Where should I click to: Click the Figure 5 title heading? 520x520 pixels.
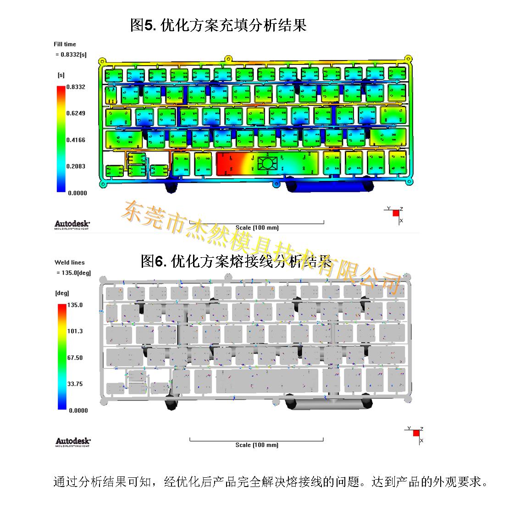(218, 25)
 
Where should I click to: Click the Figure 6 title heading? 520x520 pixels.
(236, 261)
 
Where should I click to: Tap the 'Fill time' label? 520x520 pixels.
(65, 44)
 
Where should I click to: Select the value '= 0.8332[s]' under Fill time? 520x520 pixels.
(71, 55)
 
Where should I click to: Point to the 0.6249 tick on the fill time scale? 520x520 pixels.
(76, 113)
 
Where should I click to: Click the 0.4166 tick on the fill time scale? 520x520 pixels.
(76, 140)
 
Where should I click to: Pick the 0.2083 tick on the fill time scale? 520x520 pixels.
(76, 166)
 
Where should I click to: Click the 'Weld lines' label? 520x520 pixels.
(70, 263)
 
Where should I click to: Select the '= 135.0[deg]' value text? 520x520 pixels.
(73, 273)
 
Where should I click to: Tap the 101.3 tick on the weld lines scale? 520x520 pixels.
(75, 331)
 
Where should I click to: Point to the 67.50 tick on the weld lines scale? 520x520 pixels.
(75, 358)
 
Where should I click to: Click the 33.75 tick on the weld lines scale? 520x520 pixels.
(75, 384)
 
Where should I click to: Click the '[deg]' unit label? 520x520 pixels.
(62, 293)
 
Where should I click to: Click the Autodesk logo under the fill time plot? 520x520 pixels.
(72, 224)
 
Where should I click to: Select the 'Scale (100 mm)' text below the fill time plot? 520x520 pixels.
(257, 227)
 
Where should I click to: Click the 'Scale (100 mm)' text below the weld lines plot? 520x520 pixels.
(257, 445)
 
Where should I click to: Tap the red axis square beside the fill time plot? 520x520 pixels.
(396, 213)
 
